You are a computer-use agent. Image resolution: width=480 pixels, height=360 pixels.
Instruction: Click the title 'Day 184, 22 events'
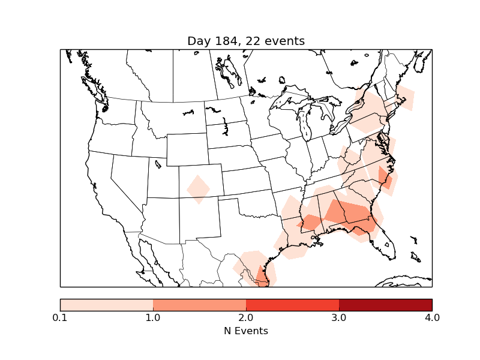(246, 41)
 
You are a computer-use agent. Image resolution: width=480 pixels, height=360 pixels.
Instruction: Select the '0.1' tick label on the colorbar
(60, 317)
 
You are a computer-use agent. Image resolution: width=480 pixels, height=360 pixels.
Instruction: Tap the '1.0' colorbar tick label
(153, 317)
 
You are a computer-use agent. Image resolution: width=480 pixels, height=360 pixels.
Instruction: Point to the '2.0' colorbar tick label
(246, 317)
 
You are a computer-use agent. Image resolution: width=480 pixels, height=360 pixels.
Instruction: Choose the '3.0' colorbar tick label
(339, 317)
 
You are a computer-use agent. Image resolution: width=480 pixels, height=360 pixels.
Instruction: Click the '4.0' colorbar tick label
(432, 317)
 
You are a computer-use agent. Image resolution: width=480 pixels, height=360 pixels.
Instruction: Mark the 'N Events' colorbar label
(246, 331)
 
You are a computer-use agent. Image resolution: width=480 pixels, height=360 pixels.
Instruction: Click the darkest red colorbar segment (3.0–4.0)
(385, 305)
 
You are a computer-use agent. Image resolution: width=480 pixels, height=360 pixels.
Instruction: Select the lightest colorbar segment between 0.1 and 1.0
(106, 305)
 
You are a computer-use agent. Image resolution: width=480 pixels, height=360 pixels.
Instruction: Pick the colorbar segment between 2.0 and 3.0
(292, 305)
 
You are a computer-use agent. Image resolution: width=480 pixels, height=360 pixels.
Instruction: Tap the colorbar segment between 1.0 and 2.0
(199, 305)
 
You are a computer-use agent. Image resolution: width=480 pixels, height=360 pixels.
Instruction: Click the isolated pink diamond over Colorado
(198, 189)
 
